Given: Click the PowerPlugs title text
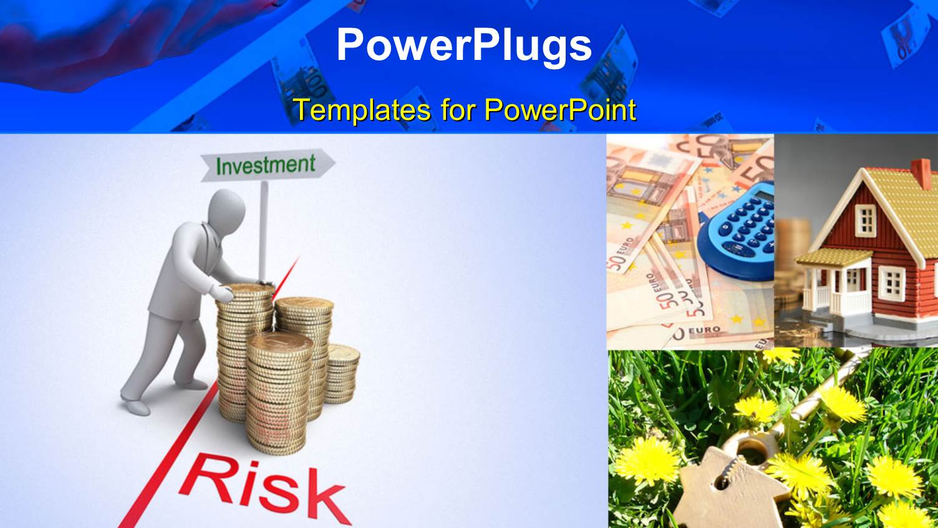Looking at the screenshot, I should point(464,45).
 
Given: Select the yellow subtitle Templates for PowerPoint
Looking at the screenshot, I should point(465,110).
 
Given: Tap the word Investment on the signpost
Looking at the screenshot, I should point(265,165).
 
